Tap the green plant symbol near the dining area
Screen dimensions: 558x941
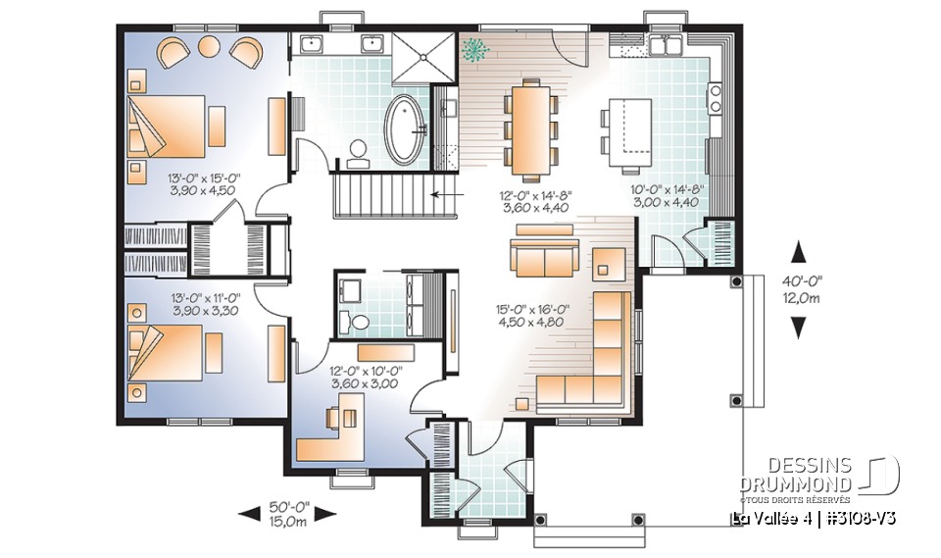pyautogui.click(x=477, y=49)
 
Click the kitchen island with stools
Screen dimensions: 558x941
pyautogui.click(x=628, y=131)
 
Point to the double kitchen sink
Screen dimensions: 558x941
pyautogui.click(x=670, y=44)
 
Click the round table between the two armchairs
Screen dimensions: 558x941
pyautogui.click(x=210, y=46)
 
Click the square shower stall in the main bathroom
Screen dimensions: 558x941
pyautogui.click(x=424, y=56)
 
